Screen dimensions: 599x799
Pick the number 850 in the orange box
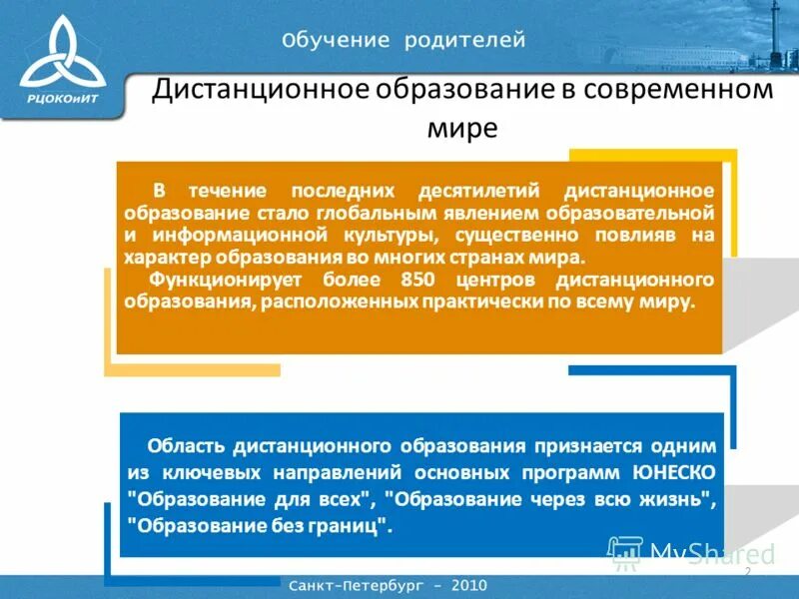pos(417,279)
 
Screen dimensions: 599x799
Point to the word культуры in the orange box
pos(389,235)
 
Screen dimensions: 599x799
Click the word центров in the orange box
pos(492,279)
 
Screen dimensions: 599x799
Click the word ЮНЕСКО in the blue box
pos(674,470)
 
